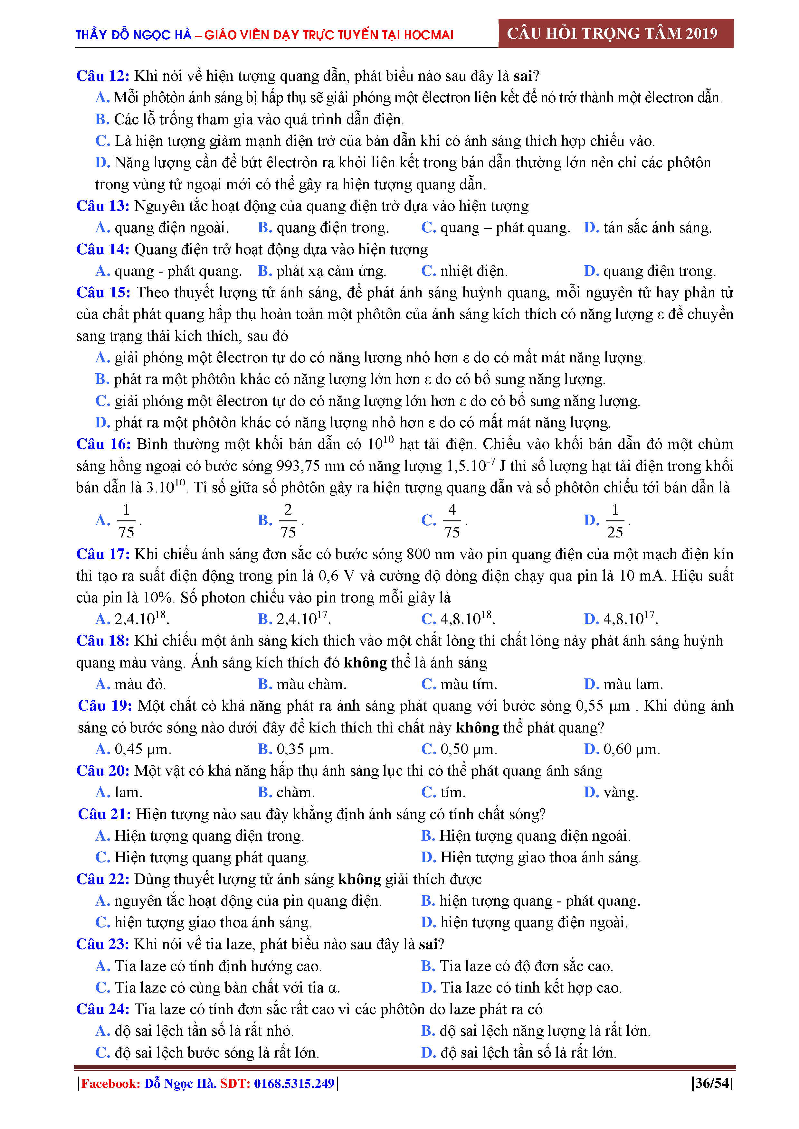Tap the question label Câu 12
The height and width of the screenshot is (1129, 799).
[x=102, y=76]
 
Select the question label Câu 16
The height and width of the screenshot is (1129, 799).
[x=103, y=444]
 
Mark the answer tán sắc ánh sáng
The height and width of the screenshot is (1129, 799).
[x=657, y=228]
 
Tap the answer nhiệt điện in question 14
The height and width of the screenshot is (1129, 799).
[x=473, y=271]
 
